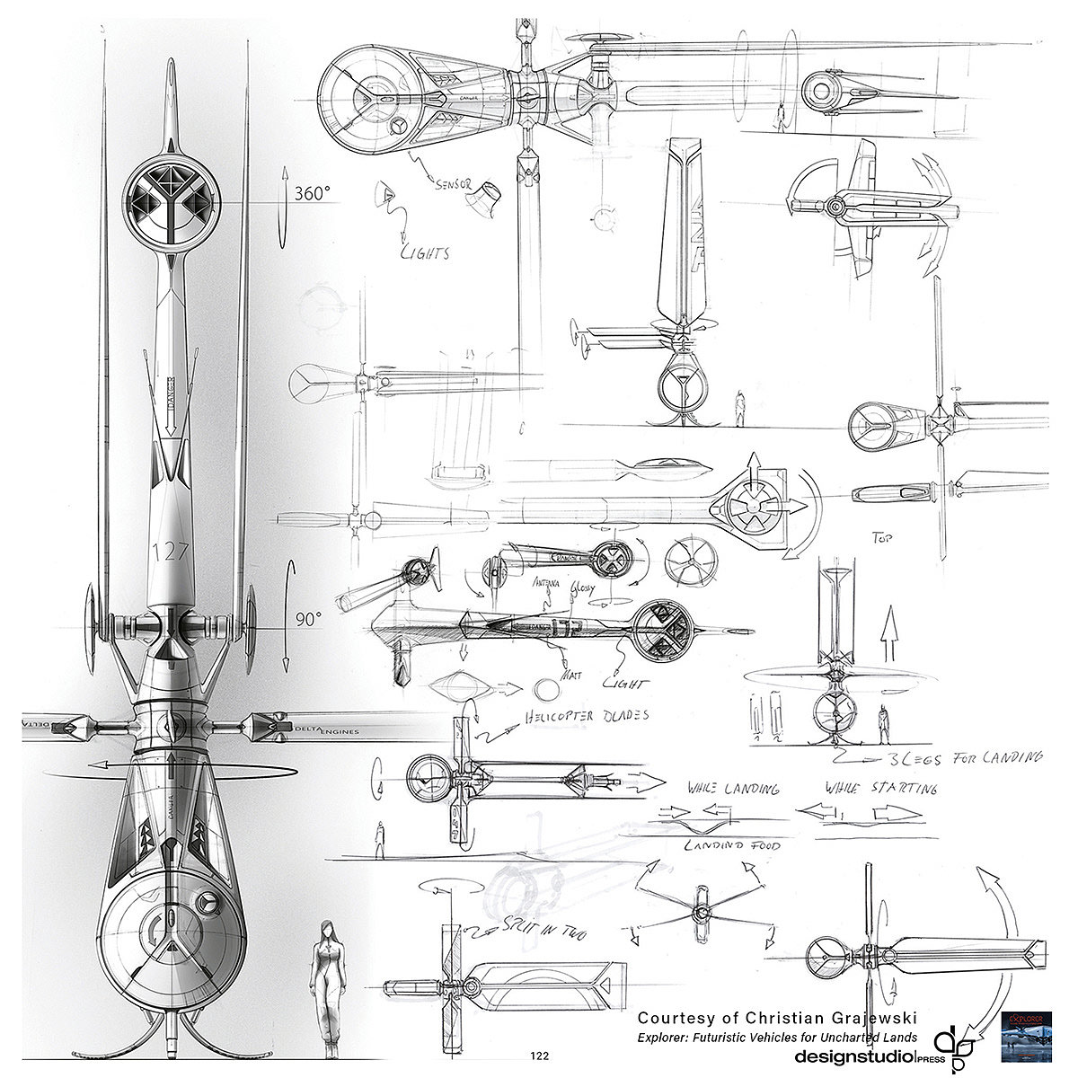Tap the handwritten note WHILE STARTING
[x=879, y=788]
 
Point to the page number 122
[x=540, y=1056]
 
